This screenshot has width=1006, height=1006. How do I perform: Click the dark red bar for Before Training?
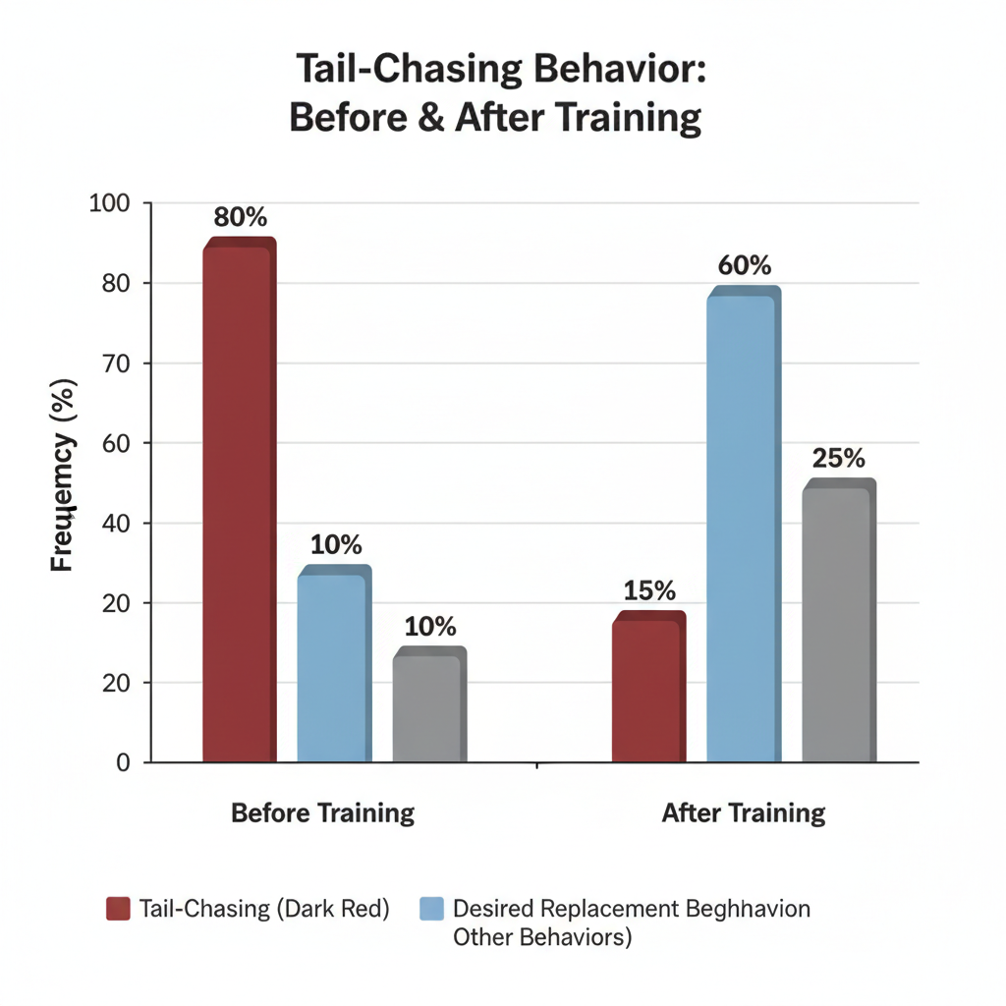(239, 501)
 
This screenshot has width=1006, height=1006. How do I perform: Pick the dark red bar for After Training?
(647, 688)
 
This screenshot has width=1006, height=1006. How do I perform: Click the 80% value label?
(240, 218)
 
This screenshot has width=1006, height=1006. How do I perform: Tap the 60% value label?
(744, 266)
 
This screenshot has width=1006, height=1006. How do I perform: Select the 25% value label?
(838, 458)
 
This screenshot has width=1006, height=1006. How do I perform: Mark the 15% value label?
(648, 590)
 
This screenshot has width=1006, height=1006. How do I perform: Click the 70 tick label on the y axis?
(116, 363)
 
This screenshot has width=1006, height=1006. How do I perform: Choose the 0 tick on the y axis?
(123, 762)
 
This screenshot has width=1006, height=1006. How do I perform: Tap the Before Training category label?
(322, 813)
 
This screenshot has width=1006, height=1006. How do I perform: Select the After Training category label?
(743, 813)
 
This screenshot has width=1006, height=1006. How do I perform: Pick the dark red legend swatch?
(118, 909)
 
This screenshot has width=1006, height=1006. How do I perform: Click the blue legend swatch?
(431, 909)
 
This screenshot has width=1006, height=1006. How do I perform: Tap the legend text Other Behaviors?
(541, 937)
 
